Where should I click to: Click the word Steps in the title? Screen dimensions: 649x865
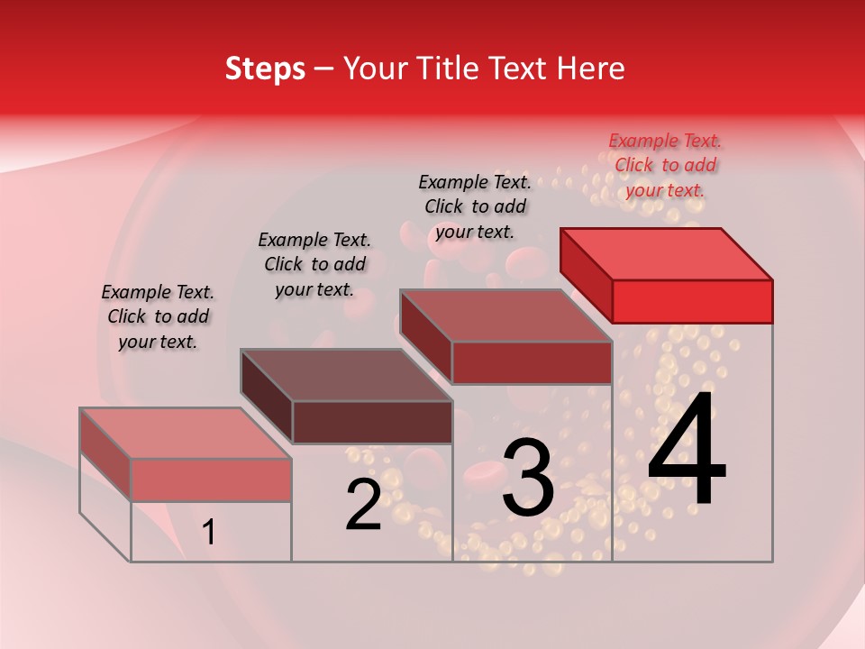coord(265,69)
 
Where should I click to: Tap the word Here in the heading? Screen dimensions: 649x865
coord(590,69)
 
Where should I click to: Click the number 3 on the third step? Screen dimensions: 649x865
coord(528,478)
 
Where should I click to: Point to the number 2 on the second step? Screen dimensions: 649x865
coord(363,505)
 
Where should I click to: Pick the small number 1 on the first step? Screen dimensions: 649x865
coord(209,533)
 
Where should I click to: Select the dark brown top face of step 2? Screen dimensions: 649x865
coord(346,375)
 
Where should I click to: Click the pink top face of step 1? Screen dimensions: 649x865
coord(186,434)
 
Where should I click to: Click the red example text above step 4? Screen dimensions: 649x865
coord(665,165)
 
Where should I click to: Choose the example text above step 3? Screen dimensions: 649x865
coord(475,206)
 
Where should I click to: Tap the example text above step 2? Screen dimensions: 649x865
coord(314,264)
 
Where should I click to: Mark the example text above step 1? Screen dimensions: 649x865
coord(158,316)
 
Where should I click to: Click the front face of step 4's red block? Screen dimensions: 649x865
coord(692,301)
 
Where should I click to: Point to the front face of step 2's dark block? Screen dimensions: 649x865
coord(372,422)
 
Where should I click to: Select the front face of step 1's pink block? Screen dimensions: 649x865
coord(211,480)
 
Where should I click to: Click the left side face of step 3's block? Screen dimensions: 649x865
coord(425,337)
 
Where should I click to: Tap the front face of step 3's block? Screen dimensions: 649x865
coord(532,362)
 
